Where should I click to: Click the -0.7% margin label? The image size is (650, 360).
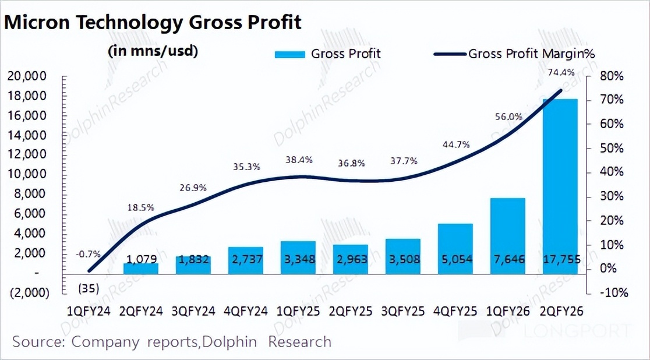click(x=88, y=254)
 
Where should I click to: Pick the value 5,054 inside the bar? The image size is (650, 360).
click(x=455, y=259)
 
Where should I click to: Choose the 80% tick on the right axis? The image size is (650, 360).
click(x=612, y=76)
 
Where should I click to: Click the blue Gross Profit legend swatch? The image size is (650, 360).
click(x=289, y=54)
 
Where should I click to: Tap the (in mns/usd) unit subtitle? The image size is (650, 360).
click(x=153, y=51)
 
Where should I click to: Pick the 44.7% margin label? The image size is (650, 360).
click(x=455, y=145)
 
